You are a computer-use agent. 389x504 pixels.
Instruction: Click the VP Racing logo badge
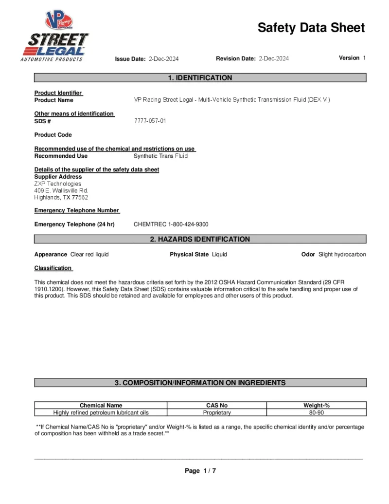(58, 21)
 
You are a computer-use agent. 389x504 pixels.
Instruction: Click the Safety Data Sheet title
(311, 28)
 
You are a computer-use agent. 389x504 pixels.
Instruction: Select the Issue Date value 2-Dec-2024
(163, 59)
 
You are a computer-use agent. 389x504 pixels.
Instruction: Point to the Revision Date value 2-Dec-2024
(274, 58)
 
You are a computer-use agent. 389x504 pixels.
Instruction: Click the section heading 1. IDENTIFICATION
(200, 78)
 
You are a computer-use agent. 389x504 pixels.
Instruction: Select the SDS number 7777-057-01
(150, 121)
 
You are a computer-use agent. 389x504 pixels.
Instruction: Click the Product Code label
(53, 135)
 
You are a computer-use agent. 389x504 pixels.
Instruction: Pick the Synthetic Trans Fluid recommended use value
(160, 156)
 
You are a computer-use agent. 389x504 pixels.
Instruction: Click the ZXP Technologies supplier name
(57, 184)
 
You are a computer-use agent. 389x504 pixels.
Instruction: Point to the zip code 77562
(80, 198)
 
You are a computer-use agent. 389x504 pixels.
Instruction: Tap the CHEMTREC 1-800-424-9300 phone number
(171, 224)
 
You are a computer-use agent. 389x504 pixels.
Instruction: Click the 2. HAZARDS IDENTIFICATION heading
(200, 239)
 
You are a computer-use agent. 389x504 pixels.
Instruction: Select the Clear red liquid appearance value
(89, 254)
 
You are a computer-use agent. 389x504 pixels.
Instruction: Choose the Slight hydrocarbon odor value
(342, 254)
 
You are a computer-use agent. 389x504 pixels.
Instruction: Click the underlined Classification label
(53, 268)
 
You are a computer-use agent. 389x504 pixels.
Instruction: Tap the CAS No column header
(217, 405)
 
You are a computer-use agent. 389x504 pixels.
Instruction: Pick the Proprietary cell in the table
(217, 412)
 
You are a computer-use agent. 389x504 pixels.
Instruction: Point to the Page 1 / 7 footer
(200, 470)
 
